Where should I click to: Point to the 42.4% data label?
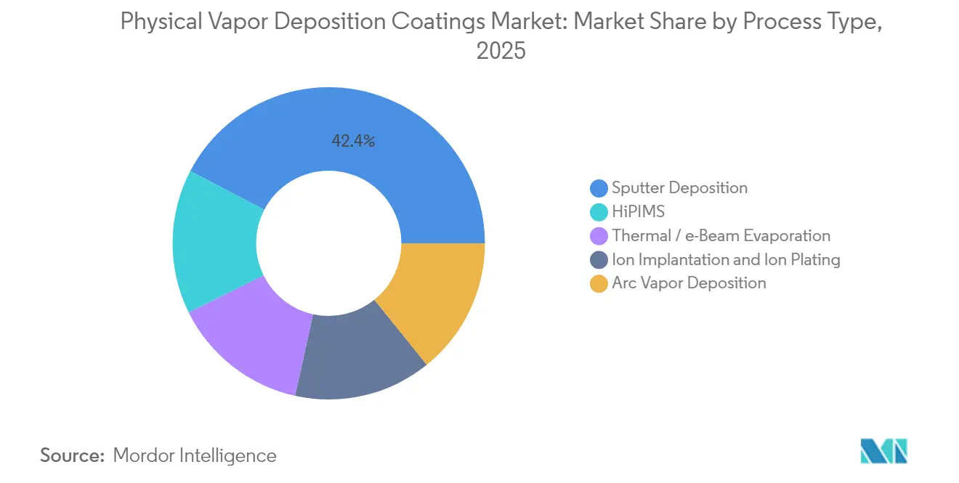(353, 142)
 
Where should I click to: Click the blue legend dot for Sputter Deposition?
(599, 188)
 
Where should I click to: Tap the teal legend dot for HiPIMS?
(599, 212)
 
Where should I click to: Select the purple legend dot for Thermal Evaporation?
(599, 236)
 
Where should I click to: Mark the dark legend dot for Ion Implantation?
(599, 260)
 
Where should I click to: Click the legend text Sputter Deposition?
(679, 188)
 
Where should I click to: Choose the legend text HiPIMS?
(638, 212)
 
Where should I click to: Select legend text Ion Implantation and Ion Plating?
(726, 260)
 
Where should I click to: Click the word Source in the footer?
(71, 455)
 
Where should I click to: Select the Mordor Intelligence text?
(195, 455)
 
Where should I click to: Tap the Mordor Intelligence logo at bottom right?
(883, 451)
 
